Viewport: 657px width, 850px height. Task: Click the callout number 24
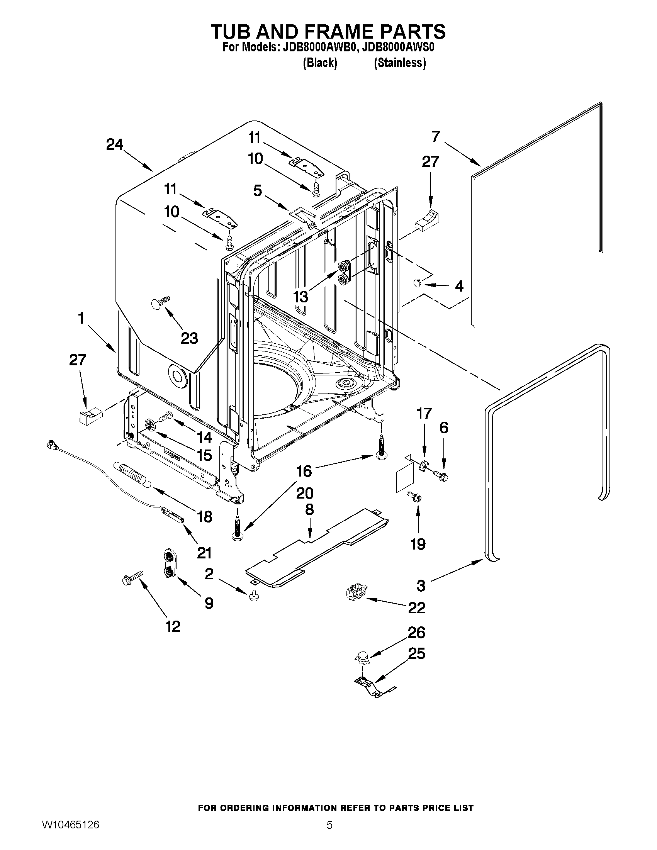tap(114, 145)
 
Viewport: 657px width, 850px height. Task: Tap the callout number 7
tap(435, 136)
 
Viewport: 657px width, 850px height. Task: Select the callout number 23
tap(189, 338)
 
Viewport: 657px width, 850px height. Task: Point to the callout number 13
tap(300, 297)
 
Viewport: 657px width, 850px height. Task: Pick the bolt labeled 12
tap(132, 578)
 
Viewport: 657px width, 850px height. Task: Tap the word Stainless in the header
tap(400, 63)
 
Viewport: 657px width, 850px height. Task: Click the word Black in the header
tap(320, 63)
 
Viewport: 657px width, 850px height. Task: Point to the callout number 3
tap(421, 585)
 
